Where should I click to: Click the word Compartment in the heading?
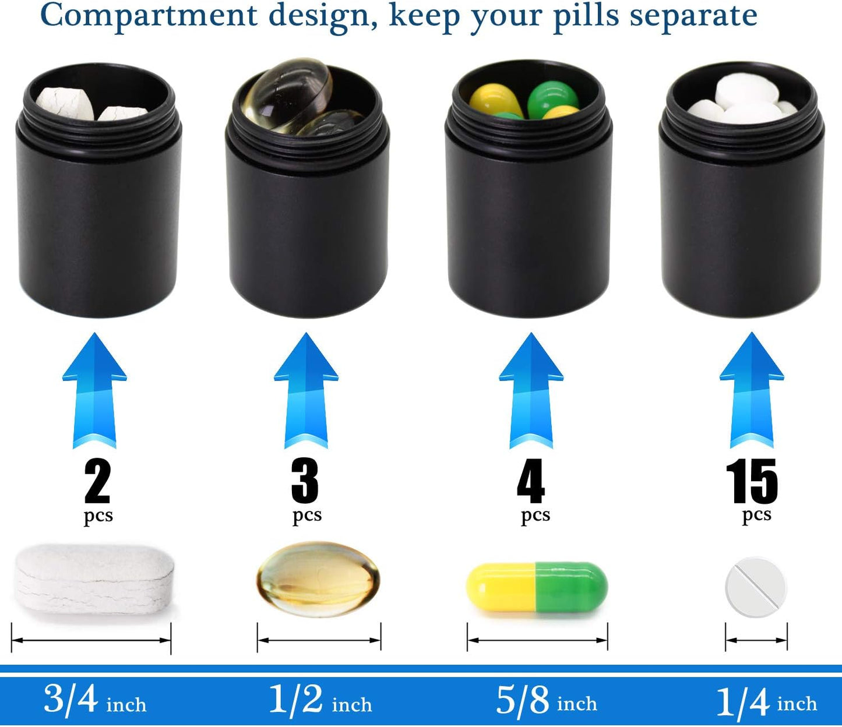[x=149, y=16]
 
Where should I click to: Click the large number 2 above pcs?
[x=97, y=481]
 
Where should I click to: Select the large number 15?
[x=752, y=481]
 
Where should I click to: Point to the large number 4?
[x=531, y=481]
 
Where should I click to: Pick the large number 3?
[x=305, y=481]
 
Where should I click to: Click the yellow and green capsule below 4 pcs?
[x=537, y=587]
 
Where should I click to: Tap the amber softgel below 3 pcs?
[x=318, y=580]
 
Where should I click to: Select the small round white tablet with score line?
[x=755, y=587]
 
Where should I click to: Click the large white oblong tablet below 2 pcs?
[x=95, y=578]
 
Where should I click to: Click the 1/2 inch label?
[x=320, y=700]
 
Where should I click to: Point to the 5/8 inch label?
[x=546, y=700]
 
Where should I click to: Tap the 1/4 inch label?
[x=766, y=701]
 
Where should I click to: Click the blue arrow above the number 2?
[x=94, y=390]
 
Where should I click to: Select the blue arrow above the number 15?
[x=752, y=390]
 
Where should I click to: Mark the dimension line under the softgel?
[x=319, y=640]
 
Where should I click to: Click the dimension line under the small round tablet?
[x=756, y=640]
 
